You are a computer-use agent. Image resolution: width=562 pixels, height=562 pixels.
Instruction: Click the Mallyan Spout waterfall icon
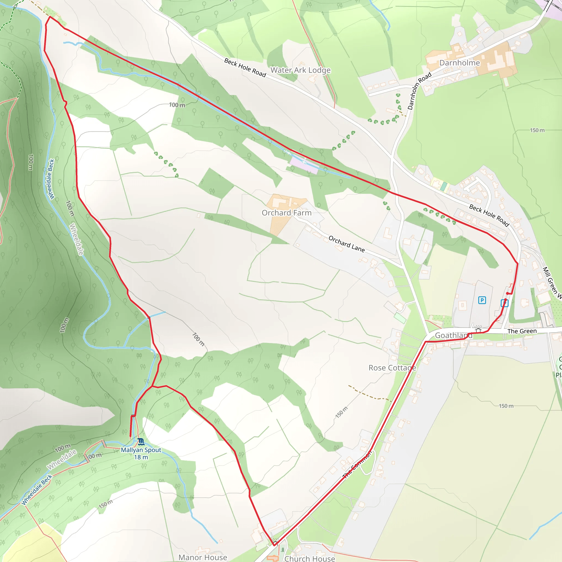point(141,442)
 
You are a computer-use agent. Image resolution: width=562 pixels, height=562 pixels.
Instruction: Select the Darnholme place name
point(460,63)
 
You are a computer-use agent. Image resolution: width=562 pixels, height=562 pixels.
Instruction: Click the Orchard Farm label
point(286,213)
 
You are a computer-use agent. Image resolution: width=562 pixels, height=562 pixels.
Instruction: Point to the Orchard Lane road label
point(347,244)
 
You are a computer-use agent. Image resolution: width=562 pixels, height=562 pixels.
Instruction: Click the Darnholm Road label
point(419,91)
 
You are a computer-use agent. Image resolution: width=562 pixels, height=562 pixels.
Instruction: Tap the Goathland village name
point(454,335)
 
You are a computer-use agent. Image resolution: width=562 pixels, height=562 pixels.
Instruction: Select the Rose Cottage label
point(392,368)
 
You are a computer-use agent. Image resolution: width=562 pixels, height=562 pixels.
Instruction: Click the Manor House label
point(203,557)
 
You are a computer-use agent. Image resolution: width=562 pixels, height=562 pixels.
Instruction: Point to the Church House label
point(310,558)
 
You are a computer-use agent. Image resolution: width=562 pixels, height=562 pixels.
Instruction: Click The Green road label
point(522,331)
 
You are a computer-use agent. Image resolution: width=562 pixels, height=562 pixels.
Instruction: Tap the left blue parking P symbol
point(482,300)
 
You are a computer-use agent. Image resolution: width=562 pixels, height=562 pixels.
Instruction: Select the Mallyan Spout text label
point(141,450)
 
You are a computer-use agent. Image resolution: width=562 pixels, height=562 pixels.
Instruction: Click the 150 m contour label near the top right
point(537,130)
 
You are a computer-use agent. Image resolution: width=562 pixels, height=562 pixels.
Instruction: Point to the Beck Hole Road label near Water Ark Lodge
point(245,68)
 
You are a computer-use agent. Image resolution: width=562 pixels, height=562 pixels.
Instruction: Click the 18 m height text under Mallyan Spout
point(141,457)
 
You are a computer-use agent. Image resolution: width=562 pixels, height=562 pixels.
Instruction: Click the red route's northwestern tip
point(50,16)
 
